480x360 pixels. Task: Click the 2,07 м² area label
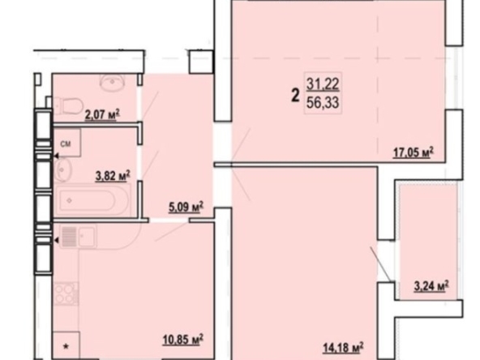click(x=102, y=115)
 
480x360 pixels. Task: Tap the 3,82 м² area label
click(x=113, y=176)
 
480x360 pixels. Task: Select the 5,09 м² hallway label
click(x=186, y=208)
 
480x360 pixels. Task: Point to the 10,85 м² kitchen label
click(x=182, y=340)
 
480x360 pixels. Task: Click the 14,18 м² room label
click(x=344, y=347)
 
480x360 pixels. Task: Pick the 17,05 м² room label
click(x=414, y=152)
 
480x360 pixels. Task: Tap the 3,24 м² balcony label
click(x=431, y=286)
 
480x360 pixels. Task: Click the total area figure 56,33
click(x=323, y=102)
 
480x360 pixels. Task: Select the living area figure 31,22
click(x=323, y=84)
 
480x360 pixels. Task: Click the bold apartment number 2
click(x=295, y=95)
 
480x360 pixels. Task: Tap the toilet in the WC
click(x=70, y=105)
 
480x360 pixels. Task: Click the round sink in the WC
click(x=112, y=81)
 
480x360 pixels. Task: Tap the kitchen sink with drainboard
click(x=79, y=236)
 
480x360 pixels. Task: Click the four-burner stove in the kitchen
click(x=66, y=294)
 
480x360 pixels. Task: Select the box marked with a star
click(x=66, y=345)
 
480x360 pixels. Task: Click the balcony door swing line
click(x=380, y=264)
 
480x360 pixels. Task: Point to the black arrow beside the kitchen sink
click(x=56, y=241)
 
